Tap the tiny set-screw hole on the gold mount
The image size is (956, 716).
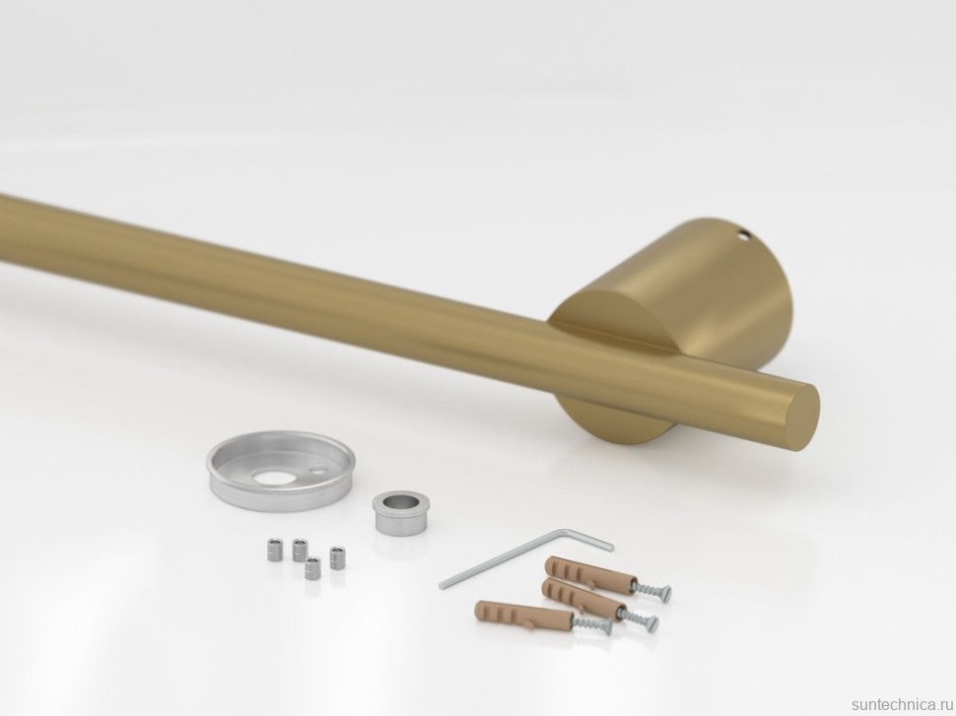point(742,233)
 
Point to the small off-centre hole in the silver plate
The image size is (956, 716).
point(316,471)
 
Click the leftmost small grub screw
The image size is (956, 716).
point(275,551)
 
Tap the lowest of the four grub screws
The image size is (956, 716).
point(313,567)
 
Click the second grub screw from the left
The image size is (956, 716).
point(300,550)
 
